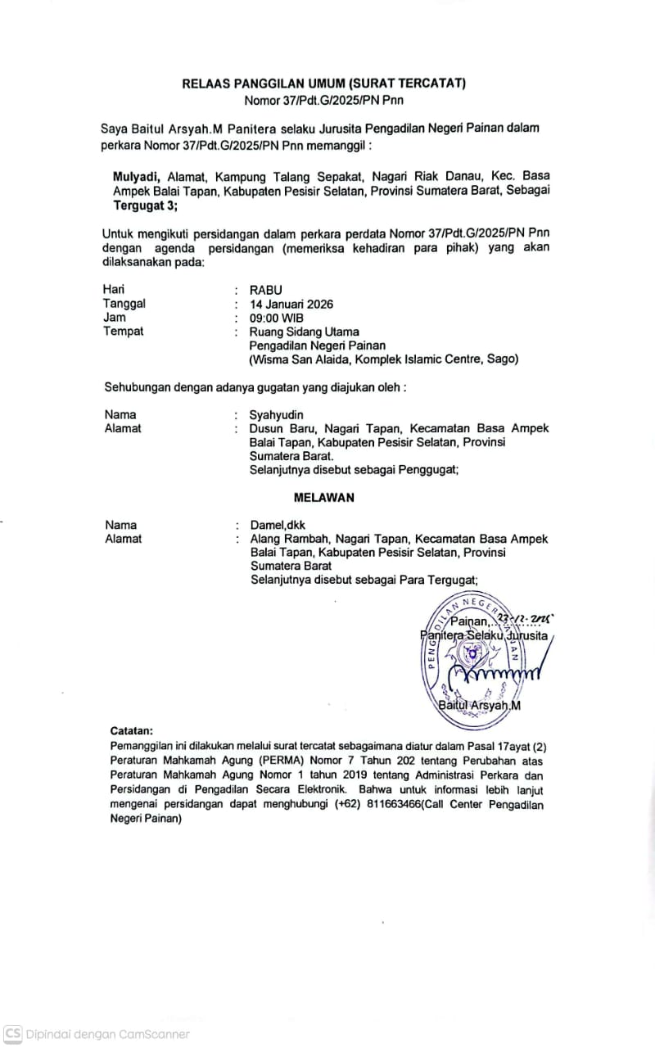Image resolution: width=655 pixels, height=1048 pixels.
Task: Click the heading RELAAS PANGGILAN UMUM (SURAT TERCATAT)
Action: coord(323,84)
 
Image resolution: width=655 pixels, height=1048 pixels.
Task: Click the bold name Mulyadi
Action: coord(136,175)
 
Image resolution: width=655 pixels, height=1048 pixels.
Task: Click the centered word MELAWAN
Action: coord(324,497)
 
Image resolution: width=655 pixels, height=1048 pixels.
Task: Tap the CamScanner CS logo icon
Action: coord(12,1034)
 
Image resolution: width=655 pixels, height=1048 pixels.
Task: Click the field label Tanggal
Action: coord(124,304)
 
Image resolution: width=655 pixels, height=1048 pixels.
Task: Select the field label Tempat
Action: coord(123,332)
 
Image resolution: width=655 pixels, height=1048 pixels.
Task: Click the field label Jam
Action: coord(115,318)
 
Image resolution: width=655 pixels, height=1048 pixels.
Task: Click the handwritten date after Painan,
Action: coord(530,620)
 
